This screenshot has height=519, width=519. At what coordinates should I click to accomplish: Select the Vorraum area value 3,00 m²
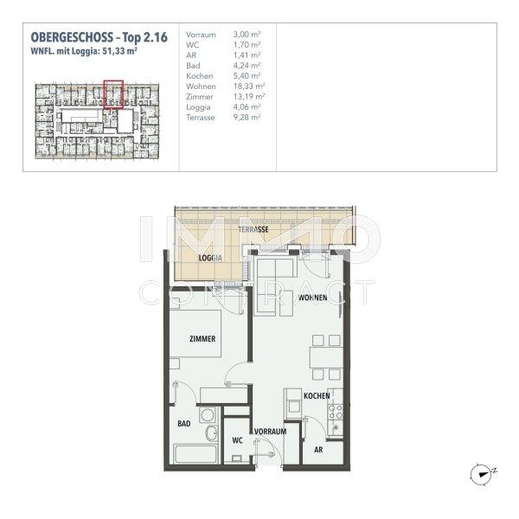point(247,35)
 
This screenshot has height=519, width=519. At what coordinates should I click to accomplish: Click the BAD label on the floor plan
point(184,424)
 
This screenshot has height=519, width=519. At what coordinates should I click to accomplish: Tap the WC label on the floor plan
point(236,439)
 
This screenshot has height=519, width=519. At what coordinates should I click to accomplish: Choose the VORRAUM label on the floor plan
point(270,430)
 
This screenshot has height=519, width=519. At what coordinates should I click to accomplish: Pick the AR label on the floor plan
point(319,450)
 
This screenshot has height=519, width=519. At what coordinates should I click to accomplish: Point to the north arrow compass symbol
point(480,472)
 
